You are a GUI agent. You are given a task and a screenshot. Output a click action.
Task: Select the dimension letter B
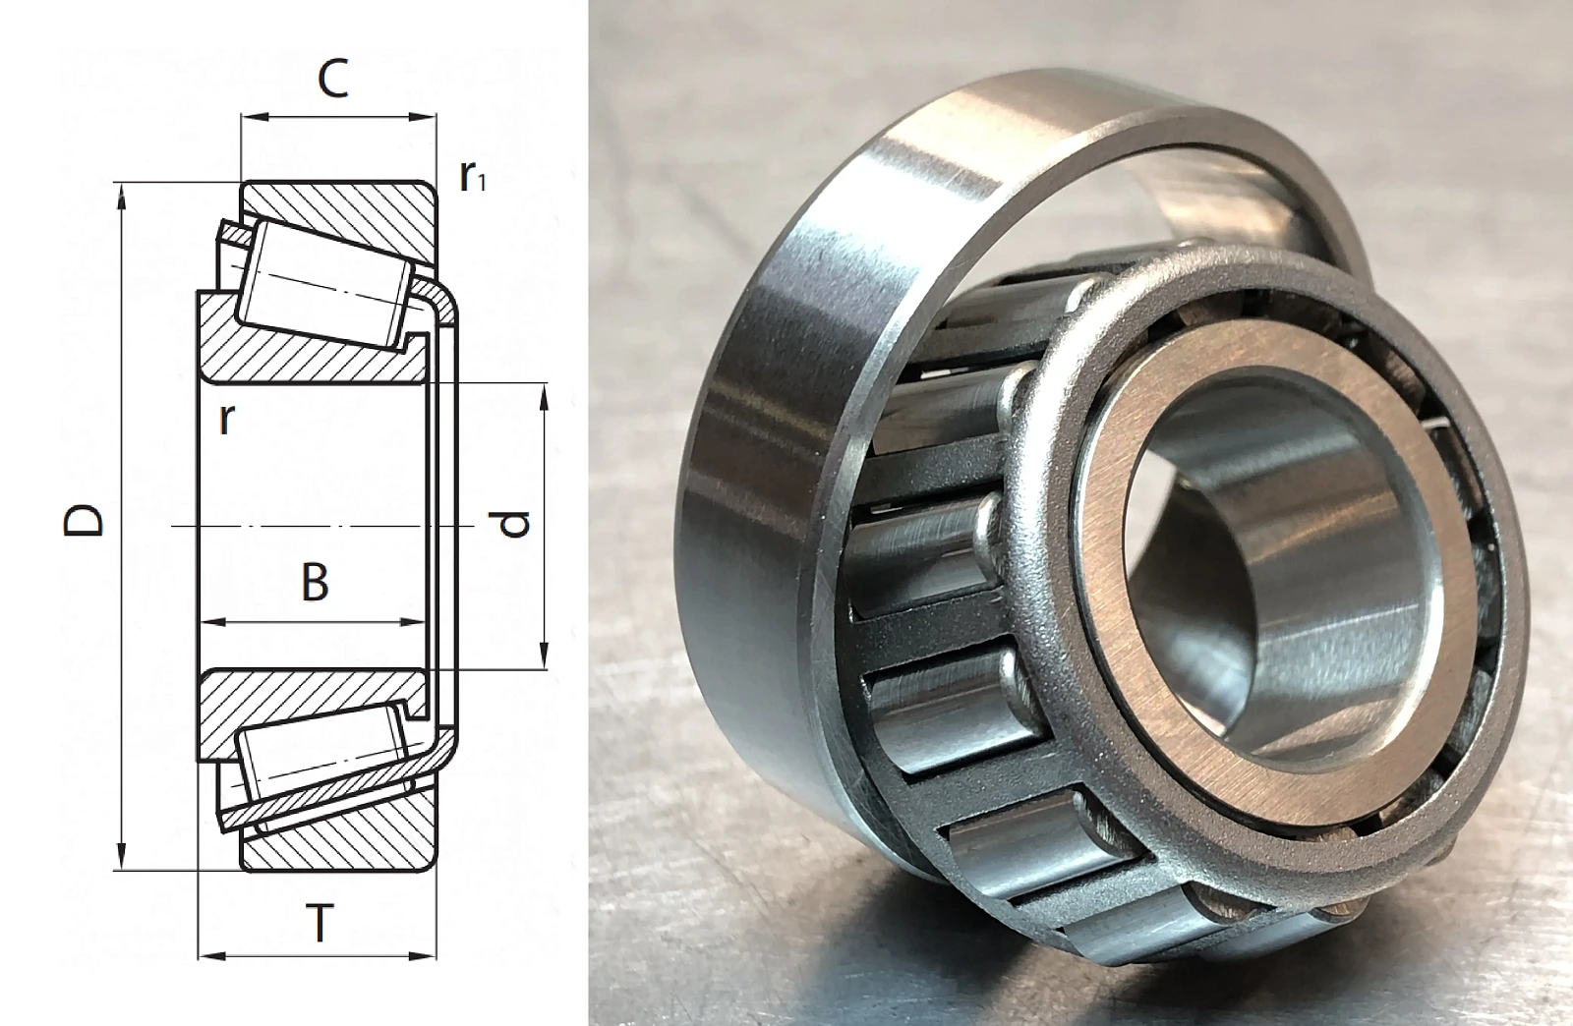(315, 583)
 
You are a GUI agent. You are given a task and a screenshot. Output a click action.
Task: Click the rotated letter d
(517, 524)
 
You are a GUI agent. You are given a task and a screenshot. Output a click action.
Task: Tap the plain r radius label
(225, 420)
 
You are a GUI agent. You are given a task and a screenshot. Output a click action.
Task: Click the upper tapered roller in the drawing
(324, 285)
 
